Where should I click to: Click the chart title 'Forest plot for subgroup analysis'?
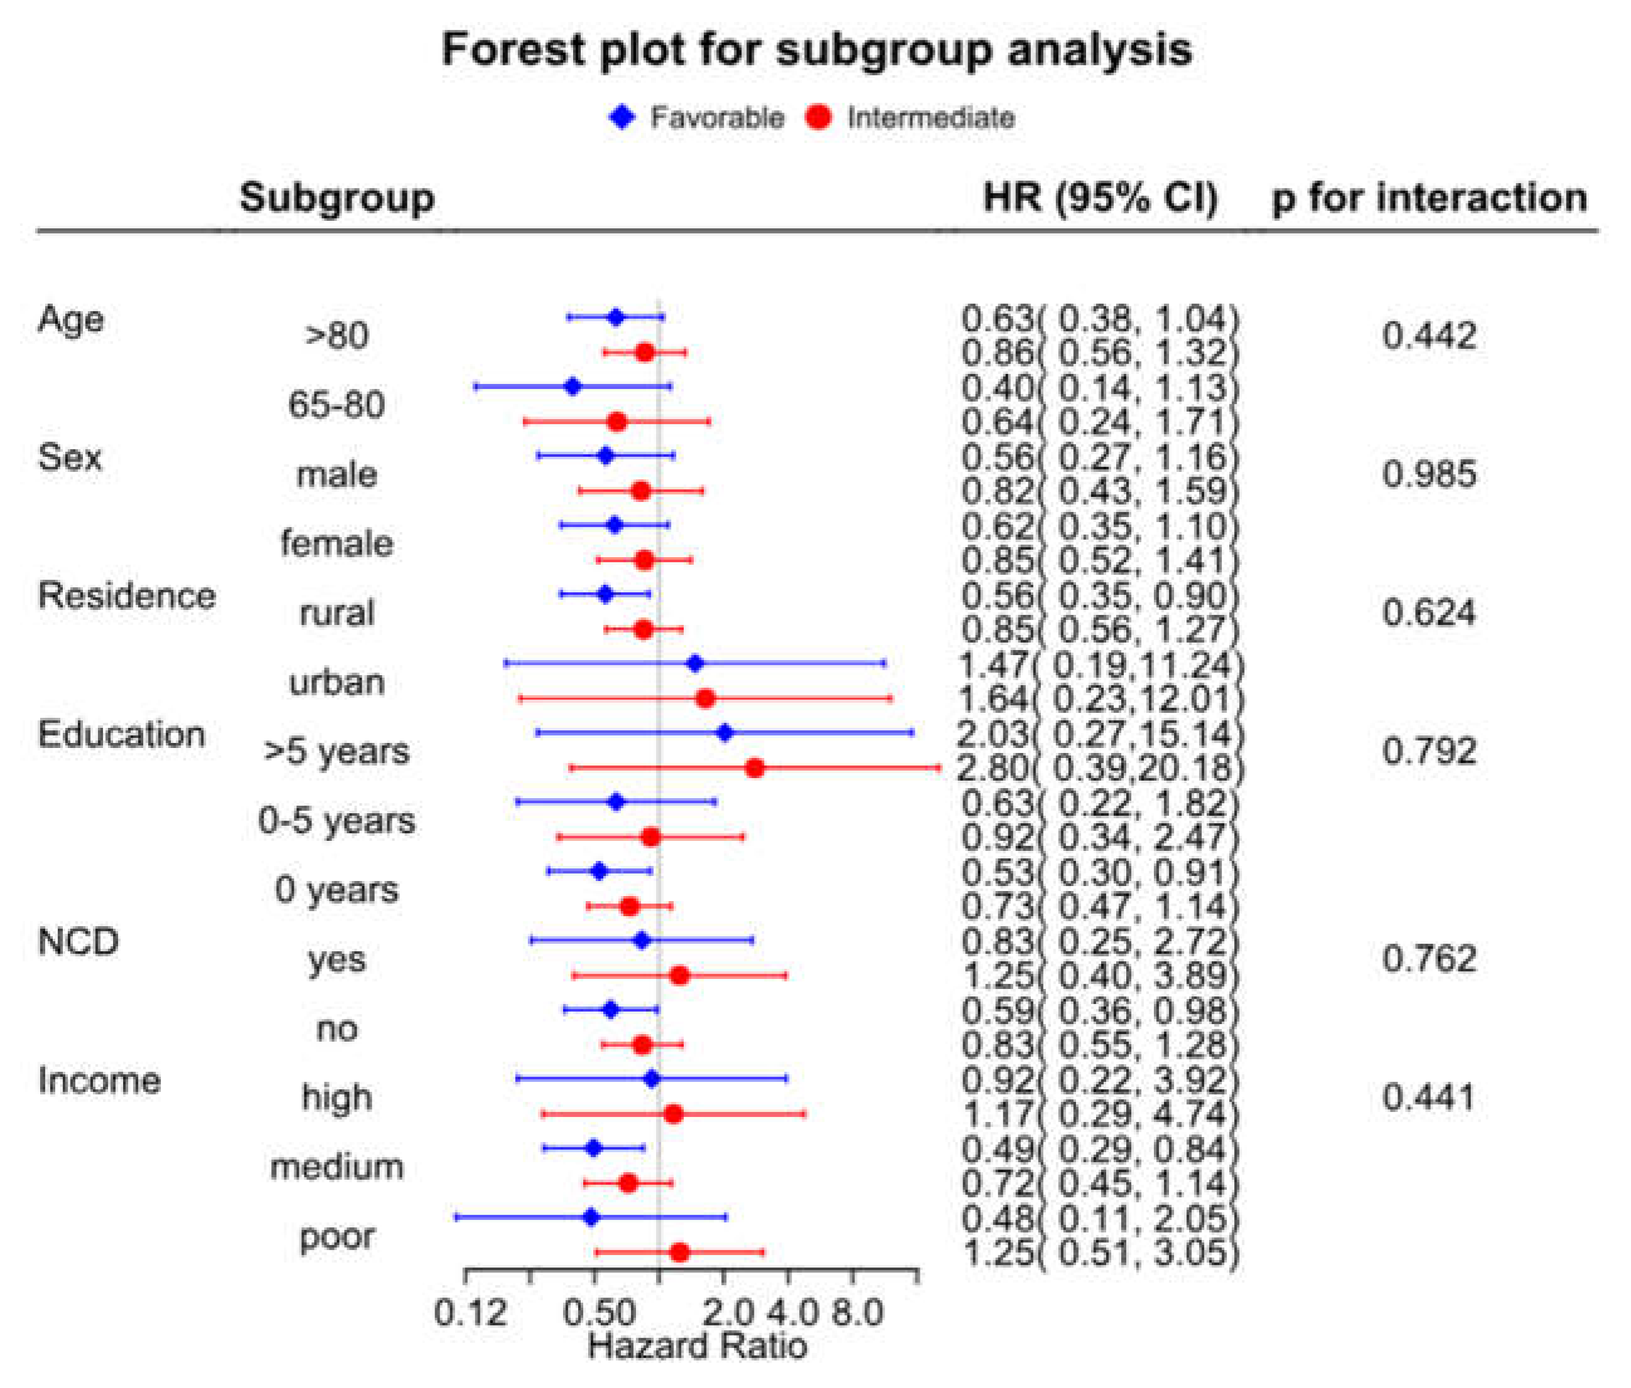point(817,50)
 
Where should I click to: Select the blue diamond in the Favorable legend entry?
point(623,118)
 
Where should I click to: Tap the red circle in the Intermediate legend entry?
point(819,118)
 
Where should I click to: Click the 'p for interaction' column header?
point(1429,198)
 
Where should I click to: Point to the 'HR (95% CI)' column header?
point(1101,198)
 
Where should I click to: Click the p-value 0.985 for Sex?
point(1429,474)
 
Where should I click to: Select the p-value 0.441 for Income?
point(1429,1097)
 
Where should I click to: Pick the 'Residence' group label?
point(127,595)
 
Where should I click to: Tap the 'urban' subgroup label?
point(337,682)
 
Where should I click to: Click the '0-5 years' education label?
point(337,821)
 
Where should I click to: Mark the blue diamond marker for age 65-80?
point(573,387)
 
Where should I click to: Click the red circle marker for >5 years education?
point(754,768)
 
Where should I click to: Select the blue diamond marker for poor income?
point(592,1218)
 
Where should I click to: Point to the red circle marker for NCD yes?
point(679,976)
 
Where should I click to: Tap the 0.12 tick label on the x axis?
point(471,1313)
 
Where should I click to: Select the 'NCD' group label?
point(78,942)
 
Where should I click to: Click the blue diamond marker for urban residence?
point(694,664)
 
